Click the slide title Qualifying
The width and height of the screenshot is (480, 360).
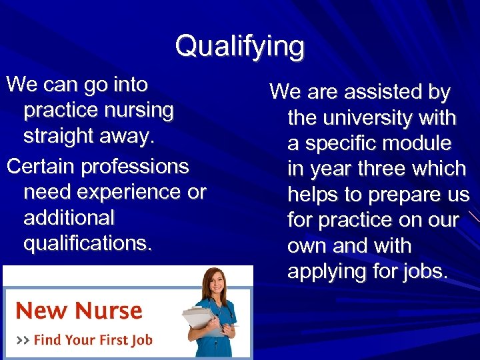[x=240, y=47]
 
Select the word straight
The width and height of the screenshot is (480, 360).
[x=59, y=135]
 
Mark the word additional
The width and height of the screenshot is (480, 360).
[x=69, y=217]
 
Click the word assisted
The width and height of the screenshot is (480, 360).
[x=373, y=92]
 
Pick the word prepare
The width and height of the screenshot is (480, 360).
[x=399, y=195]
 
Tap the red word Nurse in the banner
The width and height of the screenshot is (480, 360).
[x=108, y=311]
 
